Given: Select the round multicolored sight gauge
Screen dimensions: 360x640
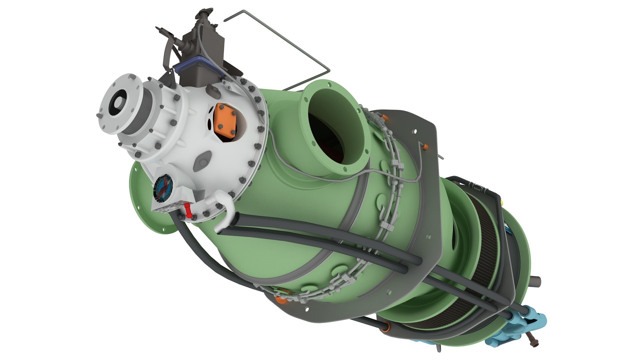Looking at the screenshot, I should pos(164,189).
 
